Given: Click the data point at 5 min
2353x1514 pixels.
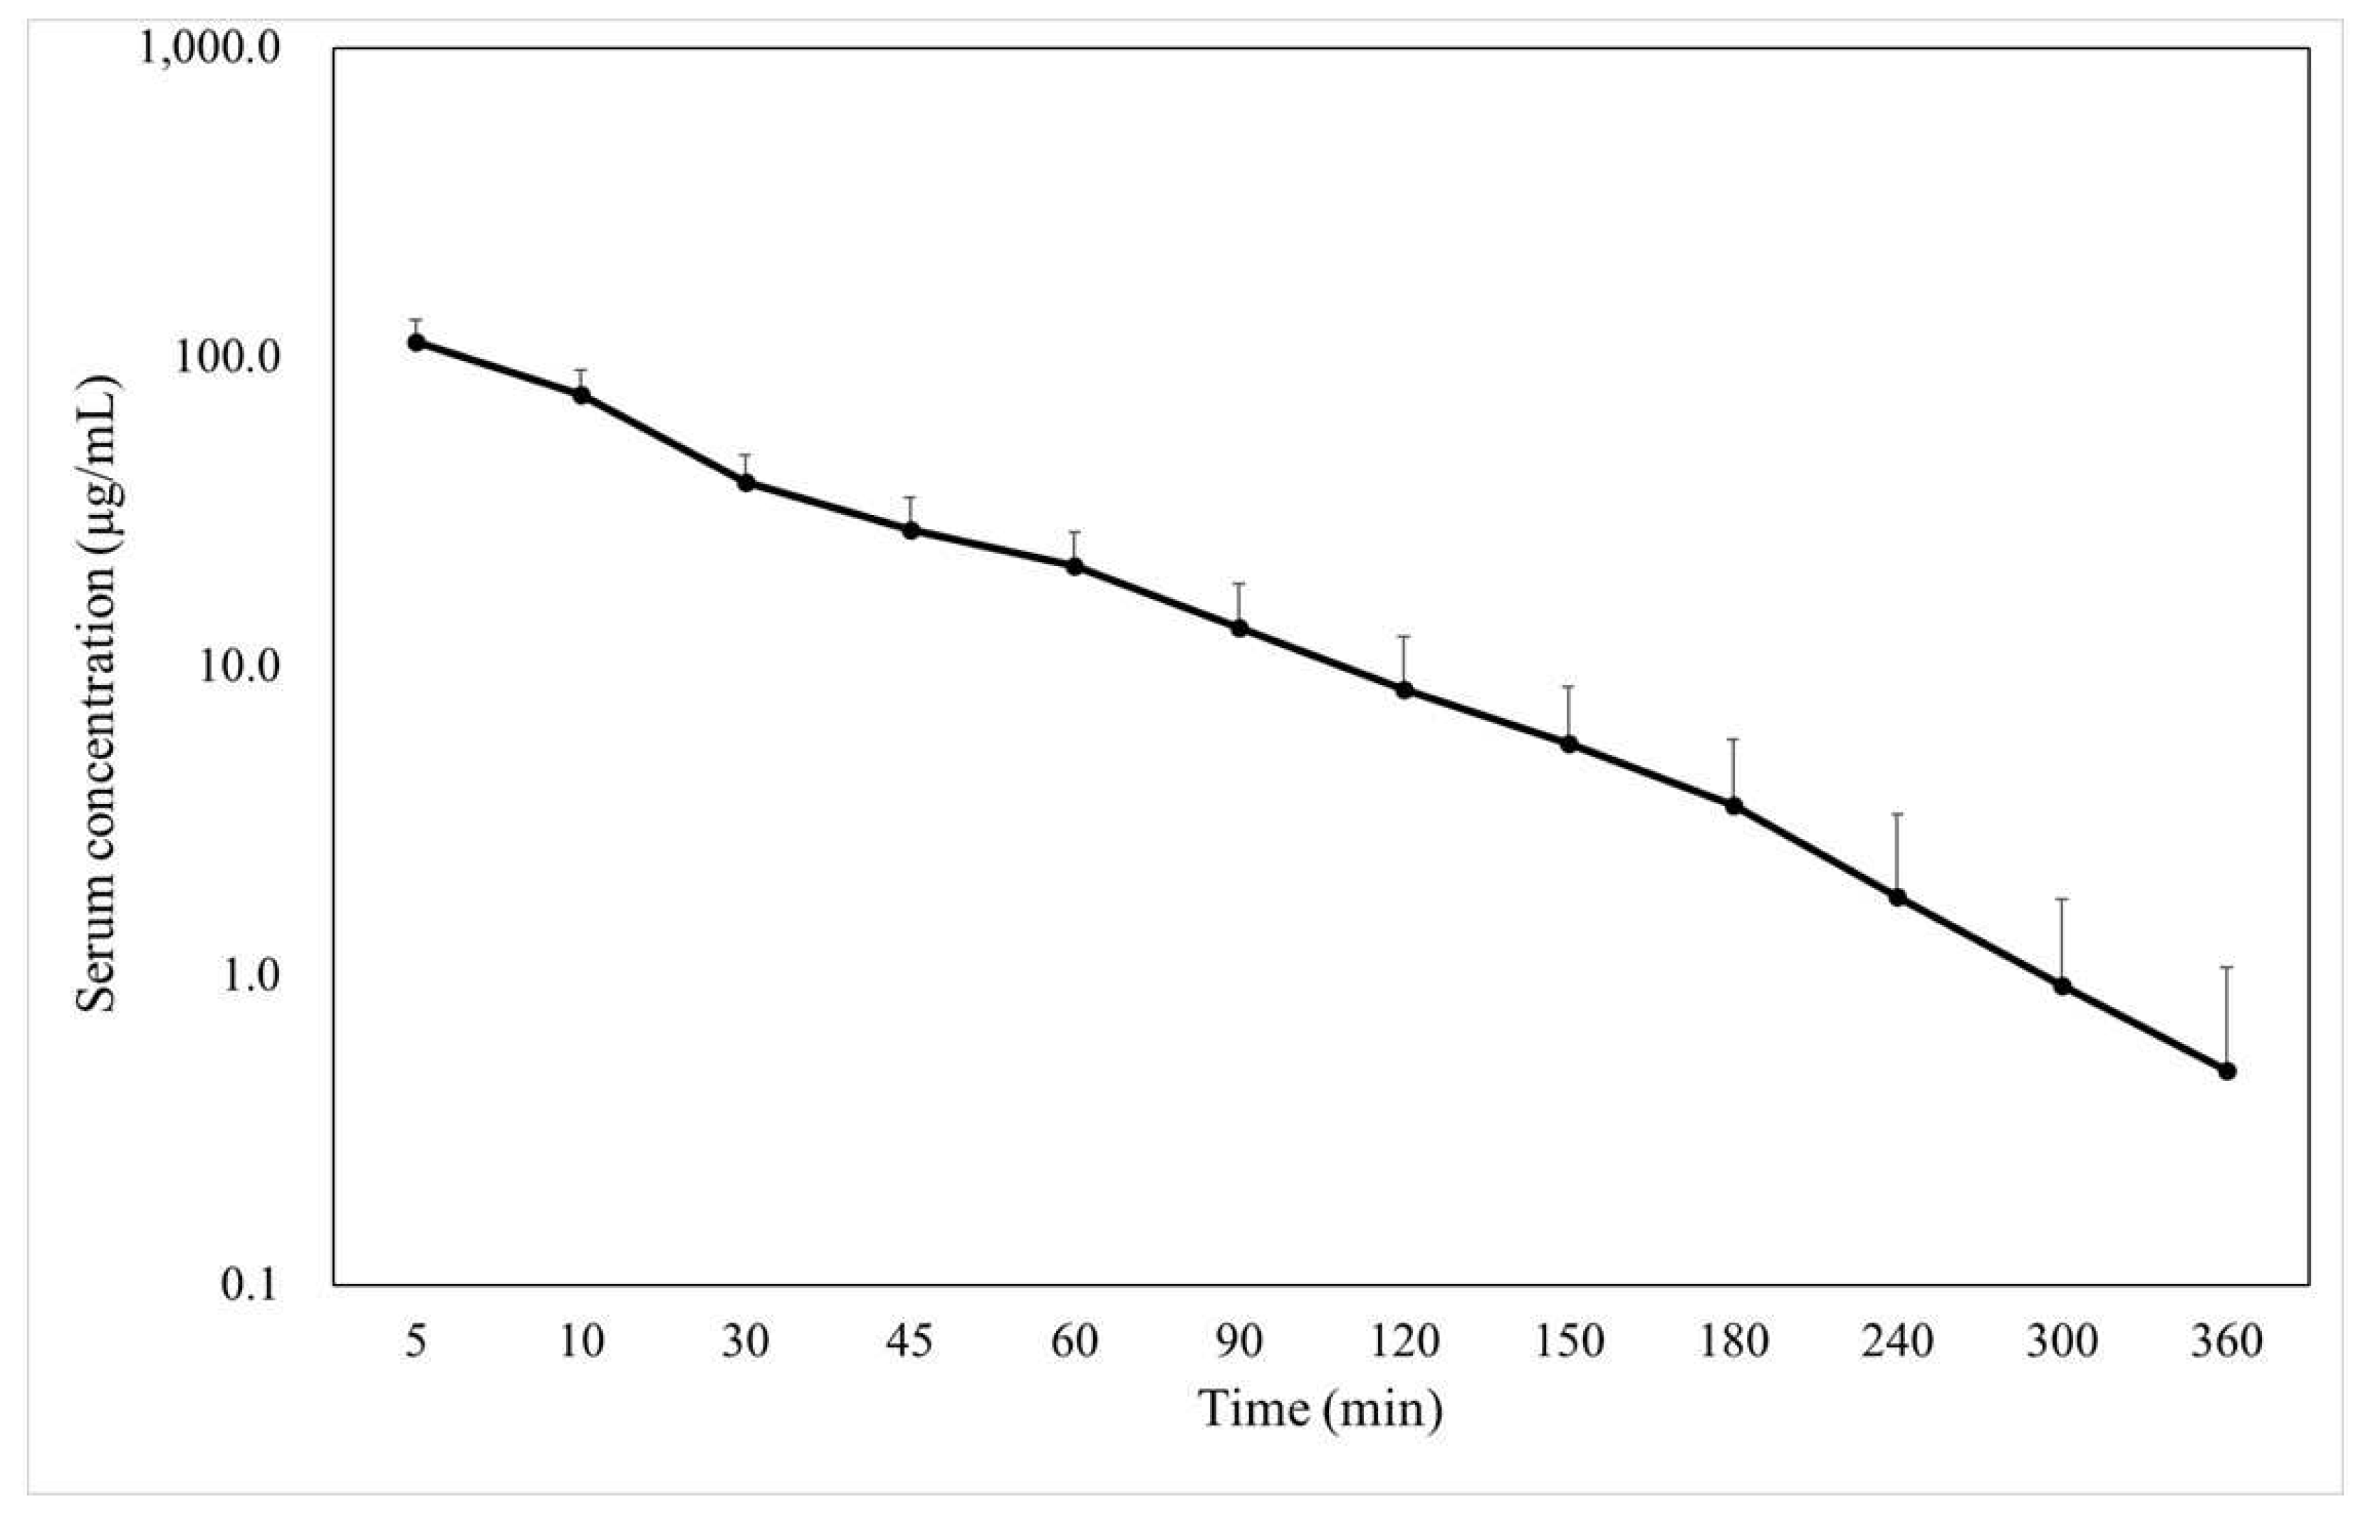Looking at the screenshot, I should [x=417, y=342].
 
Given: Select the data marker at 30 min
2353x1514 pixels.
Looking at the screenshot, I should [x=746, y=483].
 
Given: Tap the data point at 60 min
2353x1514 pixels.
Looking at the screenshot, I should [x=1075, y=566].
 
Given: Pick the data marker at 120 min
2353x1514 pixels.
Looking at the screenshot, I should [x=1404, y=690].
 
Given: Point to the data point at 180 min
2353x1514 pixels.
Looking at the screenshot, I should [x=1734, y=806].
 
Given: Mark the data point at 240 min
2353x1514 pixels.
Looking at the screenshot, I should [x=1898, y=897].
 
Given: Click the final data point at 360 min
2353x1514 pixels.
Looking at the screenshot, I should [x=2227, y=1070].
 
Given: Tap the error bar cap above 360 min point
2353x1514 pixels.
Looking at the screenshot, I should [x=2227, y=967].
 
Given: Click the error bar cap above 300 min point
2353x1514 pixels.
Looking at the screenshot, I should [x=2063, y=899].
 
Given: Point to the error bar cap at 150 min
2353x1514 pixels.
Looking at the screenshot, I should [x=1570, y=686].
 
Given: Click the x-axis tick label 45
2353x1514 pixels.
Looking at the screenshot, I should [x=910, y=1342].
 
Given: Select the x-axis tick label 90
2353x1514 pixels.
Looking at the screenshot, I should [x=1239, y=1342].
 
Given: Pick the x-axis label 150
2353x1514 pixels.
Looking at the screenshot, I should [x=1570, y=1342].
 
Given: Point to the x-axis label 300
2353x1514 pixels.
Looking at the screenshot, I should [x=2063, y=1342].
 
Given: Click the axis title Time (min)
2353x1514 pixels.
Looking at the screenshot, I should [x=1320, y=1410].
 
